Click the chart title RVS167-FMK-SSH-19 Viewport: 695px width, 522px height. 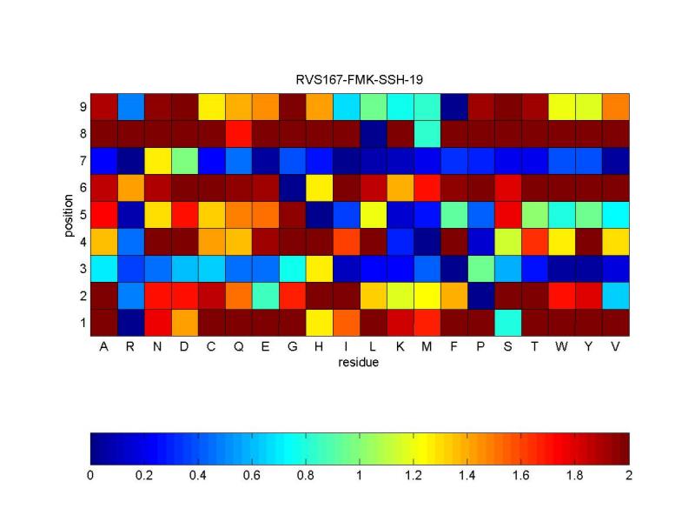(359, 79)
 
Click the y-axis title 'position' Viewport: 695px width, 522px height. (69, 214)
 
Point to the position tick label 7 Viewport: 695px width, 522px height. (82, 160)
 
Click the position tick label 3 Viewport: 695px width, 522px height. (82, 268)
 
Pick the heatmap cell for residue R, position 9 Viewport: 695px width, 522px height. (130, 106)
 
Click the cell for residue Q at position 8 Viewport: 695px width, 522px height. (238, 133)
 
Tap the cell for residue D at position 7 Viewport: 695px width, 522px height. (184, 160)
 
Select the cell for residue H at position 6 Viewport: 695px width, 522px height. (319, 187)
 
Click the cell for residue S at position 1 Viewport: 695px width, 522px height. (507, 322)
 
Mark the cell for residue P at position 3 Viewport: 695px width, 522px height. (480, 268)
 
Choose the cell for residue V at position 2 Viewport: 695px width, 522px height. (615, 295)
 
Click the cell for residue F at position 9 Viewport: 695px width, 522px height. (453, 106)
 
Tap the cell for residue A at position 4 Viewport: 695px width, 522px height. (103, 241)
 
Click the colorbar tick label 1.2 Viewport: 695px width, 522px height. (414, 476)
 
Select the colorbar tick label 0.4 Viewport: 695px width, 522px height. (198, 476)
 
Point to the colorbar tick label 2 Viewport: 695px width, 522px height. (628, 476)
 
